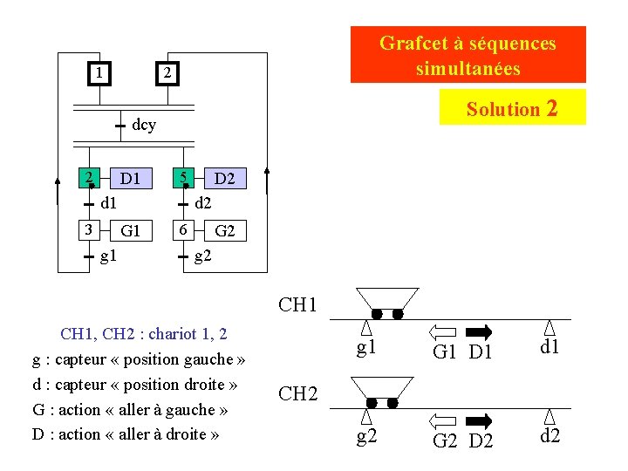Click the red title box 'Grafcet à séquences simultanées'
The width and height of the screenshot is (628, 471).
coord(468,54)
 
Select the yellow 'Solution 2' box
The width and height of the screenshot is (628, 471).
coord(512,108)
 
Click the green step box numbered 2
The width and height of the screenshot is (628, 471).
coord(89,179)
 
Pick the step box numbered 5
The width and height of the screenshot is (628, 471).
coord(183,179)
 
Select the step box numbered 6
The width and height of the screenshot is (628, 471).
coord(183,230)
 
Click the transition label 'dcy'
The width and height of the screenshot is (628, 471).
coord(144,125)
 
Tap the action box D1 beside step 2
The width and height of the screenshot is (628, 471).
coord(131,180)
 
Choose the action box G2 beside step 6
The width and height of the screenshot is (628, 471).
coord(224,231)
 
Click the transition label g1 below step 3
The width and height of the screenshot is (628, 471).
coord(110,256)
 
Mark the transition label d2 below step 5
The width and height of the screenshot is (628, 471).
coord(202,204)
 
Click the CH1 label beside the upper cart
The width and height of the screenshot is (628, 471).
coord(298,305)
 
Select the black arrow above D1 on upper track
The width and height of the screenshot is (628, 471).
coord(480,331)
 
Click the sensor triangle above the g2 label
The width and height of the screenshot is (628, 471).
coord(366,416)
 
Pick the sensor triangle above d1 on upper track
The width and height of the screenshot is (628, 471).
coord(549,327)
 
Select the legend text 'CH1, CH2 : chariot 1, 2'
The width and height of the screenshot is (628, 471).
coord(144,333)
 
